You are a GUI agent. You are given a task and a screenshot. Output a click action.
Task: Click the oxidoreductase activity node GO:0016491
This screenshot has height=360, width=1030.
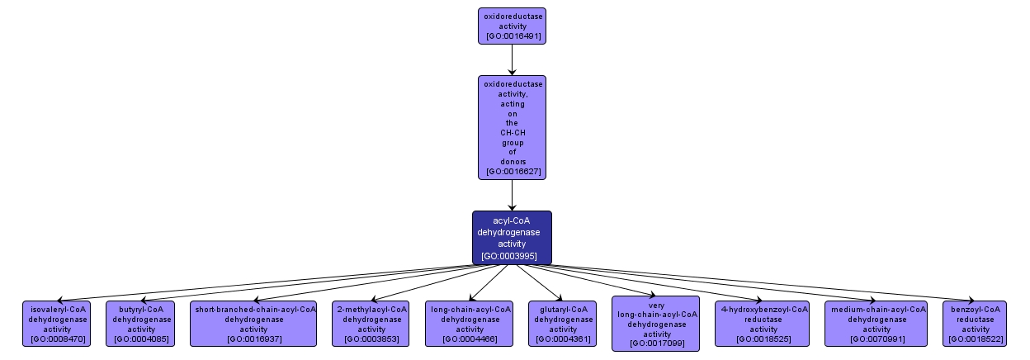pos(512,26)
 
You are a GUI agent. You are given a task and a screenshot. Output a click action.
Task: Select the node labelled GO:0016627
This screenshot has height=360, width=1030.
pos(512,127)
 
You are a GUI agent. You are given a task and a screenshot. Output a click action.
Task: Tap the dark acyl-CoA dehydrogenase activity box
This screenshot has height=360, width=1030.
pos(512,238)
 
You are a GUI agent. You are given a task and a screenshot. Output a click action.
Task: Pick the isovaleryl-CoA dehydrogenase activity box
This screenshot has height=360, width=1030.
pos(58,324)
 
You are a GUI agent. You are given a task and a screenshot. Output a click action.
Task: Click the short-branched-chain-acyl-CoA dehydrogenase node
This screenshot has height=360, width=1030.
pos(253,324)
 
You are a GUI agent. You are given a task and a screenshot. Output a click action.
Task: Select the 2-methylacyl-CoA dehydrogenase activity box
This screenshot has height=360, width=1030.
pos(371,324)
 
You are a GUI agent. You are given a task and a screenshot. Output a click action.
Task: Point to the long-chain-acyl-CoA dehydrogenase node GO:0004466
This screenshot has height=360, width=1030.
pos(470,324)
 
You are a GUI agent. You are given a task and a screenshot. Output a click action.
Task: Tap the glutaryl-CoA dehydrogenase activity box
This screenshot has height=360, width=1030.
pos(564,324)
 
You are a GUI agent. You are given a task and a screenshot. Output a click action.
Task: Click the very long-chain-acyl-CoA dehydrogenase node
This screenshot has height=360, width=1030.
pos(656,324)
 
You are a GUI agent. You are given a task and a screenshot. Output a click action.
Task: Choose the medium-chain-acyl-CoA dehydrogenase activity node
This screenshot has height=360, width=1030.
pos(876,324)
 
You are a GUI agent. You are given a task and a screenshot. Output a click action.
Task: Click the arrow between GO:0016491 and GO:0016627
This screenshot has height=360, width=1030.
pos(512,59)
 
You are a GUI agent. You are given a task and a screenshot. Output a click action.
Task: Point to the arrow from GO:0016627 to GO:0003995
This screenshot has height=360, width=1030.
pos(512,195)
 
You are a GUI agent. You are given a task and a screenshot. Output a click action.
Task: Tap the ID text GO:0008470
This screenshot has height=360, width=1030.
pos(58,339)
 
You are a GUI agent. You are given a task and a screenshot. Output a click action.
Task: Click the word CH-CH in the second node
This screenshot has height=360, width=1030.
pos(512,132)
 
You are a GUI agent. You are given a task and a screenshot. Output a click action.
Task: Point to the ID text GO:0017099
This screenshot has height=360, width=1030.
pos(656,343)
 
